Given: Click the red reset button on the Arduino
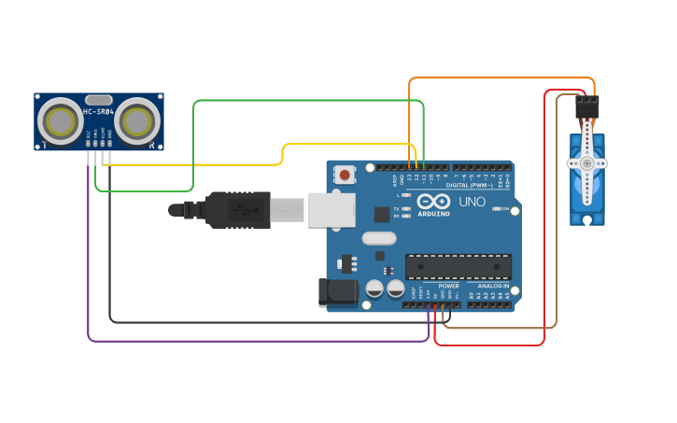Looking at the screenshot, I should click(346, 175).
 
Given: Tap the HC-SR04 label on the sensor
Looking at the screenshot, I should click(98, 112).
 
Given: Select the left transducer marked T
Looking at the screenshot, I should click(62, 120).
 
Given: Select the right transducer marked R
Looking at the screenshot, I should click(137, 120).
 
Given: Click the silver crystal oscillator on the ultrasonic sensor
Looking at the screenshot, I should click(98, 99).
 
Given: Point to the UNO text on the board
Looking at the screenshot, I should click(472, 202).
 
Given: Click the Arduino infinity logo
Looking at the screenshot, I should click(433, 201).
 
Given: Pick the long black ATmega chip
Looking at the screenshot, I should click(458, 266).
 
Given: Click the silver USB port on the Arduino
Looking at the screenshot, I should click(331, 210).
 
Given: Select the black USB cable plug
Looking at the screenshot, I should click(238, 209).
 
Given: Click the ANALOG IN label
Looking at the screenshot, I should click(493, 286).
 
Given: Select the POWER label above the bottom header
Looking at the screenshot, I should click(448, 286).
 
